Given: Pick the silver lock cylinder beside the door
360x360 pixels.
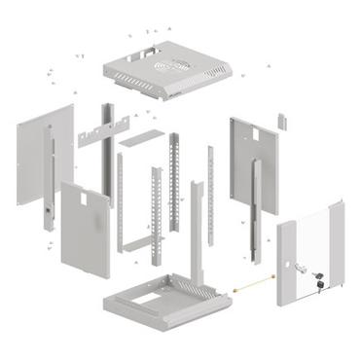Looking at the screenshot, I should (304, 267).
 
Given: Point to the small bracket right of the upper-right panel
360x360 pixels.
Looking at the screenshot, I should (283, 121).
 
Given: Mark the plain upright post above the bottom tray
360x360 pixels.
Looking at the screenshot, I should (197, 234).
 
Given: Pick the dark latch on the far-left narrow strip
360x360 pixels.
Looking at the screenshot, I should (47, 209).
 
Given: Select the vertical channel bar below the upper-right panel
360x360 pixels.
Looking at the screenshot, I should (254, 209).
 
